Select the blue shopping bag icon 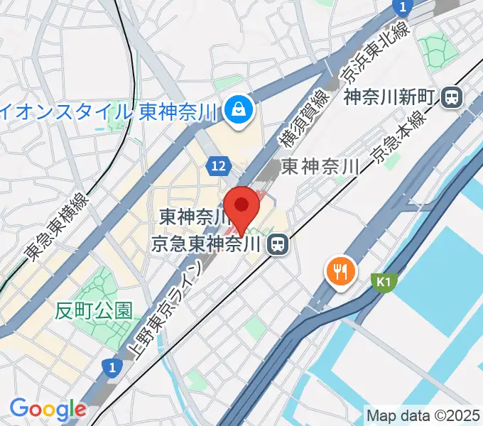coord(234,109)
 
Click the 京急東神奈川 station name coord(207,245)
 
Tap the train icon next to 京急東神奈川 coord(277,245)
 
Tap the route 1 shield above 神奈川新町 coord(403,7)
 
